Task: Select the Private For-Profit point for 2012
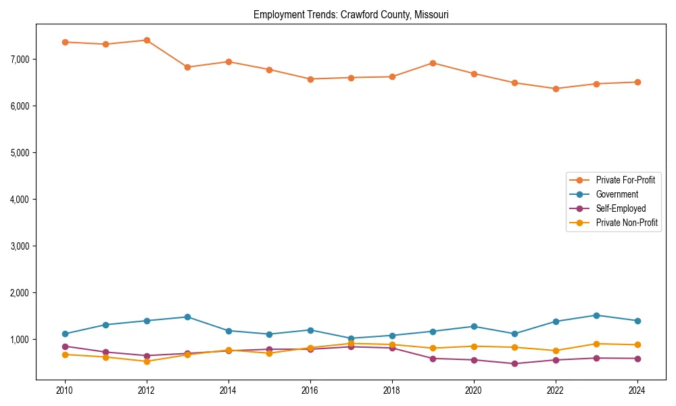click(147, 40)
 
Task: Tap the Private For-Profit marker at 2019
click(433, 63)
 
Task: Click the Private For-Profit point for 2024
click(637, 82)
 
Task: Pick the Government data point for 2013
click(187, 317)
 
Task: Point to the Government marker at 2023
click(596, 315)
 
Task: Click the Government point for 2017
click(351, 338)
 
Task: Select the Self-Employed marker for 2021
click(514, 363)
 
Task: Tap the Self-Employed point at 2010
click(65, 346)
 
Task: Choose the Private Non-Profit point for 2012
click(147, 361)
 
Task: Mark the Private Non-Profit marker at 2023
click(596, 344)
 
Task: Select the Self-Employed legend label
click(621, 208)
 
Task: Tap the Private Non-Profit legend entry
click(627, 223)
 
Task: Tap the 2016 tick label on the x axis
click(310, 390)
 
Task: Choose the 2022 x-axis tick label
click(556, 390)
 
